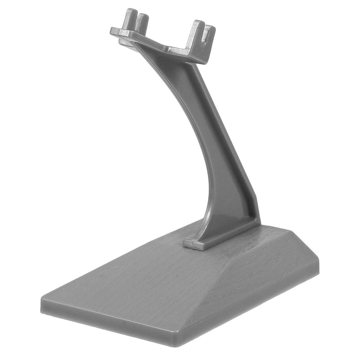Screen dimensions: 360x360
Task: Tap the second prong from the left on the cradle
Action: [x=143, y=22]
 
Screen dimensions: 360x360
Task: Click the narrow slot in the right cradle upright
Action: [x=205, y=35]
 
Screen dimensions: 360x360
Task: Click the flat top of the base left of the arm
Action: [x=137, y=277]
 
